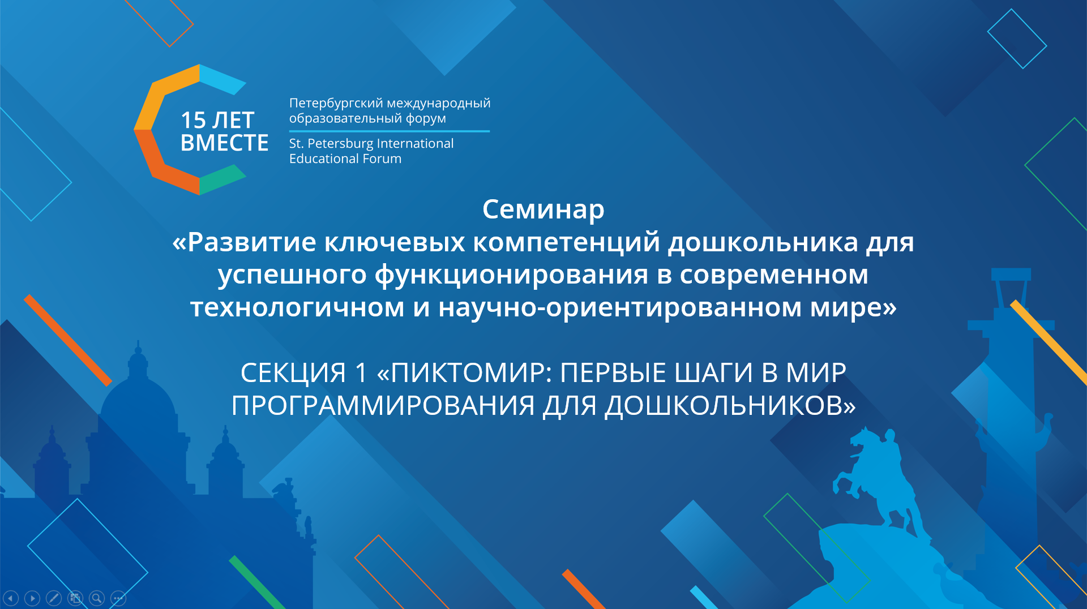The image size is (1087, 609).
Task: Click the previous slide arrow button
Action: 11,598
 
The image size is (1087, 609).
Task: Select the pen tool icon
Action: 54,598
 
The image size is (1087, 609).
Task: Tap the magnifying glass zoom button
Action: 97,598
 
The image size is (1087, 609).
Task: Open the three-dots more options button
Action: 118,598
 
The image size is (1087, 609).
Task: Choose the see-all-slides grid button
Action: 75,598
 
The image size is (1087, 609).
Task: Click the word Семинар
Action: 543,209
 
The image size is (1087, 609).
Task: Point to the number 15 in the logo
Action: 193,120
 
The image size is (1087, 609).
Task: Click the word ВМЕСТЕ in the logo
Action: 224,143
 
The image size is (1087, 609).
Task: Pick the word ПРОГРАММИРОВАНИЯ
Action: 383,406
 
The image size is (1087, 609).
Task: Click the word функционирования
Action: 511,275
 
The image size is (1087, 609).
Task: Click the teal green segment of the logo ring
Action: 221,180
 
